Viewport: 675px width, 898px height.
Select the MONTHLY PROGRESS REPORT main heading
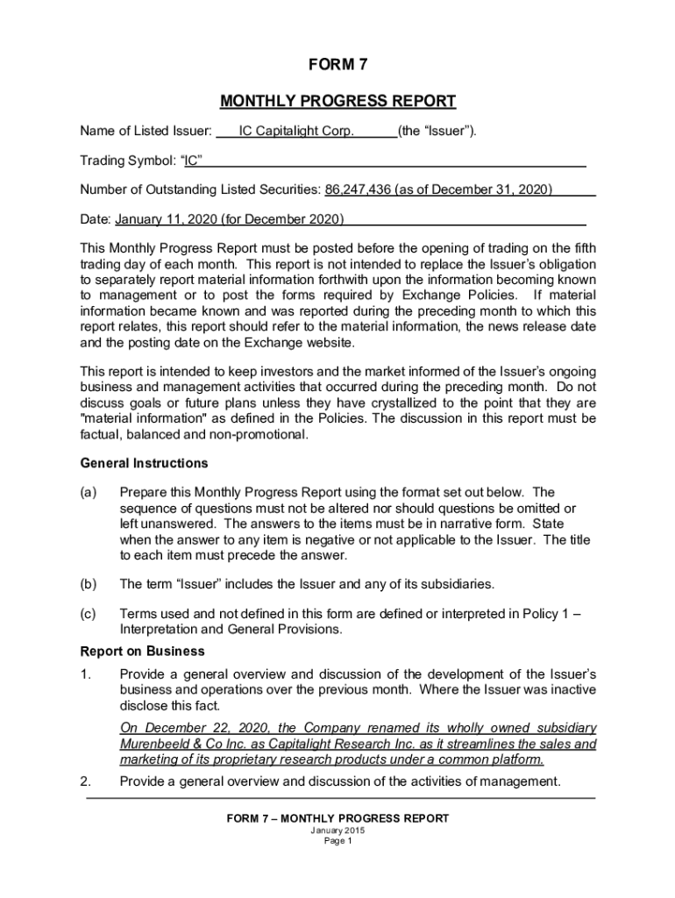click(337, 101)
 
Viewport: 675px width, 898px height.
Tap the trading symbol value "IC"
click(192, 160)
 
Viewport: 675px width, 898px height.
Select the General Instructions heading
click(145, 462)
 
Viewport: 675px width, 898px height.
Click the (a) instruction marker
click(89, 492)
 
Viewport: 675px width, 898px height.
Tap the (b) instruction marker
click(89, 584)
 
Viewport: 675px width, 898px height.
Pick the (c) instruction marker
click(89, 614)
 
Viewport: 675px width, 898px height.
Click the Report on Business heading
click(143, 652)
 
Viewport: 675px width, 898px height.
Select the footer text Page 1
click(337, 841)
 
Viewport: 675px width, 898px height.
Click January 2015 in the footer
click(337, 830)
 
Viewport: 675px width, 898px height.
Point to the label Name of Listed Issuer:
click(146, 132)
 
